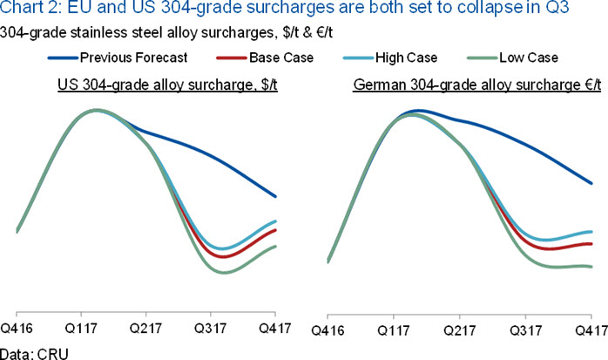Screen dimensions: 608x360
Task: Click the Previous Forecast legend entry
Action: coord(118,58)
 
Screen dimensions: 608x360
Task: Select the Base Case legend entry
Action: coord(265,58)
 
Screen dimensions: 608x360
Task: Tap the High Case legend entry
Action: coord(390,58)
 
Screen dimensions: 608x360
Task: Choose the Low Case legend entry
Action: coord(512,58)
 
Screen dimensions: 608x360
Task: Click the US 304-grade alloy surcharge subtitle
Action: coord(167,85)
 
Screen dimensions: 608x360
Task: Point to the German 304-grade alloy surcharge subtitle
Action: coord(477,85)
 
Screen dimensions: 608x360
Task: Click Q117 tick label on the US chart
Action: coord(81,329)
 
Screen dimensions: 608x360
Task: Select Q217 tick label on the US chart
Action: coord(145,329)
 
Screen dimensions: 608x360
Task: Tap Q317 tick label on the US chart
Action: coord(210,329)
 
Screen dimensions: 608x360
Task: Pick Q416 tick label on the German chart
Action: coord(328,330)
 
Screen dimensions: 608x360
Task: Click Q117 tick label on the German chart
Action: coord(394,330)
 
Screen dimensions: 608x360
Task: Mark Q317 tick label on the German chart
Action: coord(525,330)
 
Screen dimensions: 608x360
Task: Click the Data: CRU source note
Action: coord(34,354)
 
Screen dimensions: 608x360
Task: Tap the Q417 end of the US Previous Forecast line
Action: coord(275,196)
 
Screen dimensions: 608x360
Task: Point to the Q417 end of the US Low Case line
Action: coord(275,247)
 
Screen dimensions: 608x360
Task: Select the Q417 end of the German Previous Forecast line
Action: coord(591,183)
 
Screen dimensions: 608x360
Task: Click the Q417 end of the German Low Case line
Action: coord(591,267)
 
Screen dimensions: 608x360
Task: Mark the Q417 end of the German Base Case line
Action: coord(591,243)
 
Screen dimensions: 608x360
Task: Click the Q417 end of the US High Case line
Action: coord(275,221)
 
